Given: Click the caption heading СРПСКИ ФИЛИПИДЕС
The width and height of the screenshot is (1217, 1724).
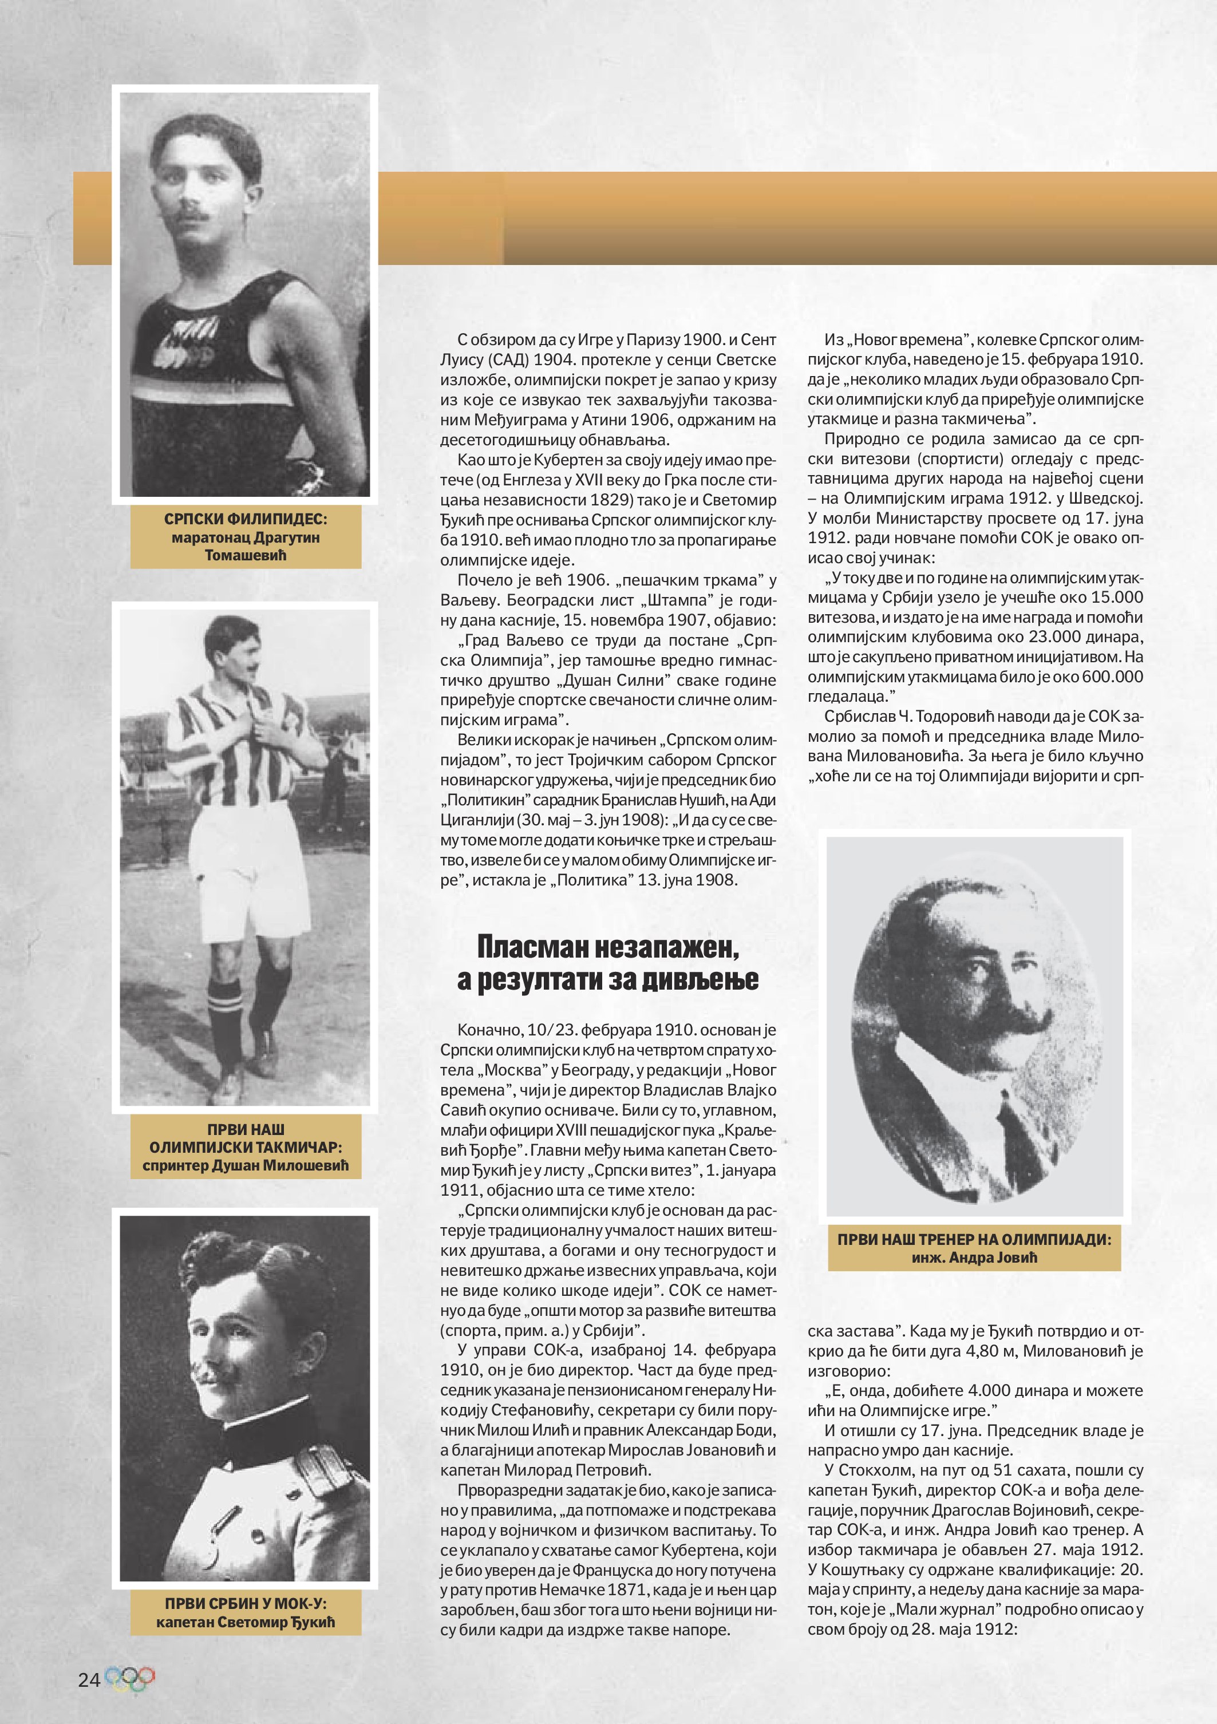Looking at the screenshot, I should click(x=246, y=519).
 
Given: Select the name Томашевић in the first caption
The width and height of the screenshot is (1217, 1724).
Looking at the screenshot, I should click(x=246, y=556).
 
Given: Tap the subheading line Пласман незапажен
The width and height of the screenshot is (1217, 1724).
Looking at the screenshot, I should click(x=608, y=947).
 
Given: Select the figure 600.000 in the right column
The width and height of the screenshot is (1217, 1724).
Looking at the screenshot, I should click(x=1112, y=677).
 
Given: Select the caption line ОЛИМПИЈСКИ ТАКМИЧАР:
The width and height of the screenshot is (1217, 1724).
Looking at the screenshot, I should click(x=246, y=1148).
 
